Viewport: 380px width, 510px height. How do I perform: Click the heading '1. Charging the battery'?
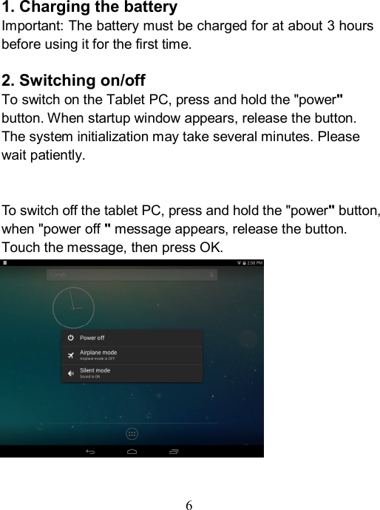[89, 8]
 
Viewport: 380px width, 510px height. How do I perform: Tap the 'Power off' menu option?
[92, 338]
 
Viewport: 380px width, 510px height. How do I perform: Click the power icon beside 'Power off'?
[70, 338]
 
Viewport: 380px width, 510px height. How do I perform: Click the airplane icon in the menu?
[70, 356]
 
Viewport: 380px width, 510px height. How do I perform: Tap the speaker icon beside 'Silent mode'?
[70, 373]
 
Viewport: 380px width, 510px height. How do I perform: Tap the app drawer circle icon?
[132, 433]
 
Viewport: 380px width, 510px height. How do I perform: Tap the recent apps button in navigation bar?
[174, 451]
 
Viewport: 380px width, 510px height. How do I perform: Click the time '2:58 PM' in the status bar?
[254, 263]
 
